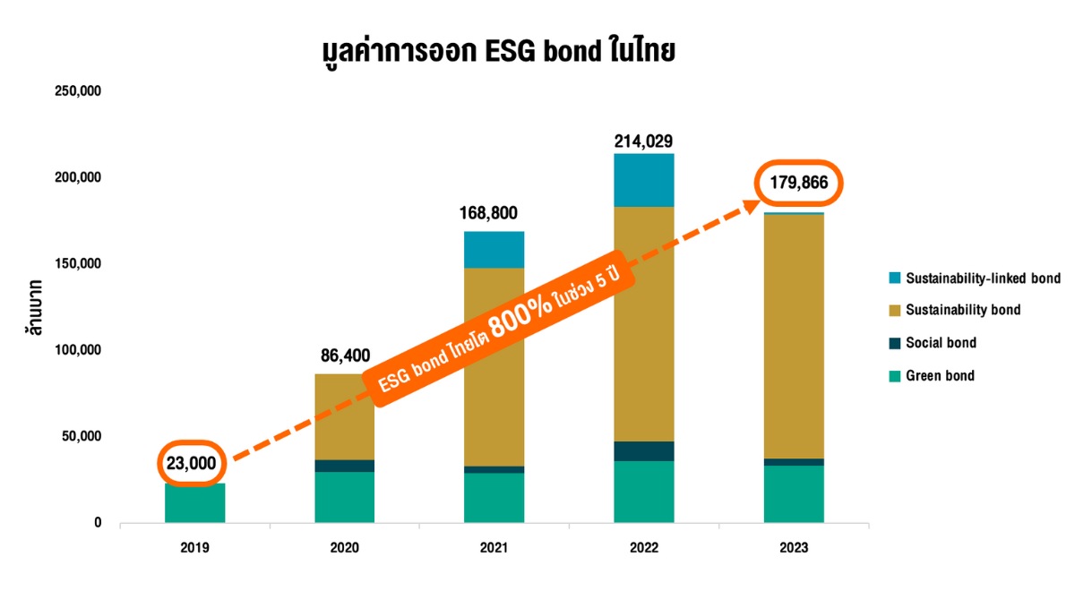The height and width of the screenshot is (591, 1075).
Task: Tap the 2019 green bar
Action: click(195, 502)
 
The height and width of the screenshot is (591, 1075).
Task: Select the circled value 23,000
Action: click(191, 463)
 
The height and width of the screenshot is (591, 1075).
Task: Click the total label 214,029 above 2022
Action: click(643, 141)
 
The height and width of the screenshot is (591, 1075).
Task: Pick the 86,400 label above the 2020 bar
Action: click(345, 355)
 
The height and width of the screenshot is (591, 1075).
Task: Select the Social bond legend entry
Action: click(941, 343)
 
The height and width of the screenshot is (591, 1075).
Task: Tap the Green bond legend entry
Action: click(940, 375)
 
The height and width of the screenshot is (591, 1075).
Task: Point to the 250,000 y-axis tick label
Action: click(80, 91)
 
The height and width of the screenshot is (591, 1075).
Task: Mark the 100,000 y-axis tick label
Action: click(80, 350)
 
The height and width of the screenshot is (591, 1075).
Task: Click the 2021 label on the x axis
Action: click(494, 547)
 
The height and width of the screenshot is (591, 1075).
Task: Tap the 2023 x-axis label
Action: click(794, 547)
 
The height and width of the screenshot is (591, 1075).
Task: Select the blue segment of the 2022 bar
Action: click(643, 180)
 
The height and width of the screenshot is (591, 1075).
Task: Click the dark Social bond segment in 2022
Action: click(643, 451)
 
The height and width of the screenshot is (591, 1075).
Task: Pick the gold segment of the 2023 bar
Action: click(794, 336)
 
